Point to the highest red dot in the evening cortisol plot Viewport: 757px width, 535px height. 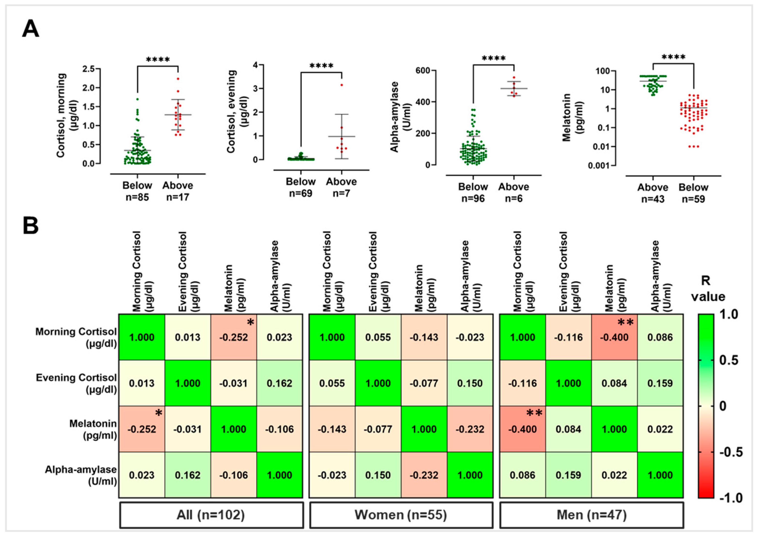pos(342,85)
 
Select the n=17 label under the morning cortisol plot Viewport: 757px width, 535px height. pos(178,197)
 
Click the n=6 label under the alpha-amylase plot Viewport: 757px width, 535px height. pos(513,199)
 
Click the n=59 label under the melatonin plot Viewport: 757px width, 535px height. pos(693,199)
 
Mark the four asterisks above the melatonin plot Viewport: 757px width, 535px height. pos(673,57)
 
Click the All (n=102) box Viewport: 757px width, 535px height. pos(211,515)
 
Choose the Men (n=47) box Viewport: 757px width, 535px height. pos(591,515)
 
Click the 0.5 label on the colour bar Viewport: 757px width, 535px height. pos(729,360)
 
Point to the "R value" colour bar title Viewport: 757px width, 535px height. pos(707,289)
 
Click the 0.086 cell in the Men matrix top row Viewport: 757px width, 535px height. pos(660,337)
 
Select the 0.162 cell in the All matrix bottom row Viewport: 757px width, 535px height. pos(188,475)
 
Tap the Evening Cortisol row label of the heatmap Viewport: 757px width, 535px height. pos(76,383)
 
